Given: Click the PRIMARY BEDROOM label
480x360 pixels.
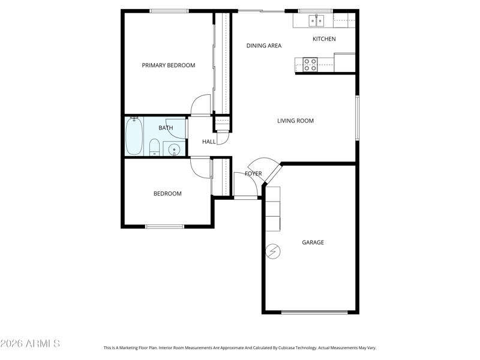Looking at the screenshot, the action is [169, 65].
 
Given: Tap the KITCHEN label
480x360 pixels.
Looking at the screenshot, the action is [324, 39].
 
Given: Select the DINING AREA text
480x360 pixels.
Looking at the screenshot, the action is [264, 46].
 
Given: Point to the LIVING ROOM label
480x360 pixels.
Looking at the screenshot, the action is [295, 121].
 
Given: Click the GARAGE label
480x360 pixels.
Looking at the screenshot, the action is [313, 242].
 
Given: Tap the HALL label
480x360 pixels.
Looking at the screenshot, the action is [209, 142].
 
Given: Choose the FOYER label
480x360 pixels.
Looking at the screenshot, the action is [253, 173].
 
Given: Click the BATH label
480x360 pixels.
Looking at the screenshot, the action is [166, 128].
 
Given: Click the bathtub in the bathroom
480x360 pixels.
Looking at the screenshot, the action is [134, 136].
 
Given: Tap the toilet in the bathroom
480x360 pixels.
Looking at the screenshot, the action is [154, 147].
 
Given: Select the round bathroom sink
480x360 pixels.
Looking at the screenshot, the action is [174, 149].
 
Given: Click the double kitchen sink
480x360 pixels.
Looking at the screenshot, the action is [316, 20].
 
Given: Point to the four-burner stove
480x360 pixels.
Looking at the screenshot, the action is [310, 65].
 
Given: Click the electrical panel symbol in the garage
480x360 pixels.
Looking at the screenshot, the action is [273, 251].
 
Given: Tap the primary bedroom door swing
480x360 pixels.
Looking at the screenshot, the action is [201, 105].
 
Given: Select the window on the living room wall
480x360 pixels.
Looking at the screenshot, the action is [357, 118].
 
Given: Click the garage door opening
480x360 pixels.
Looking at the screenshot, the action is [314, 313].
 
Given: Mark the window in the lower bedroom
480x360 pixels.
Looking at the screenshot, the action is [164, 227].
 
